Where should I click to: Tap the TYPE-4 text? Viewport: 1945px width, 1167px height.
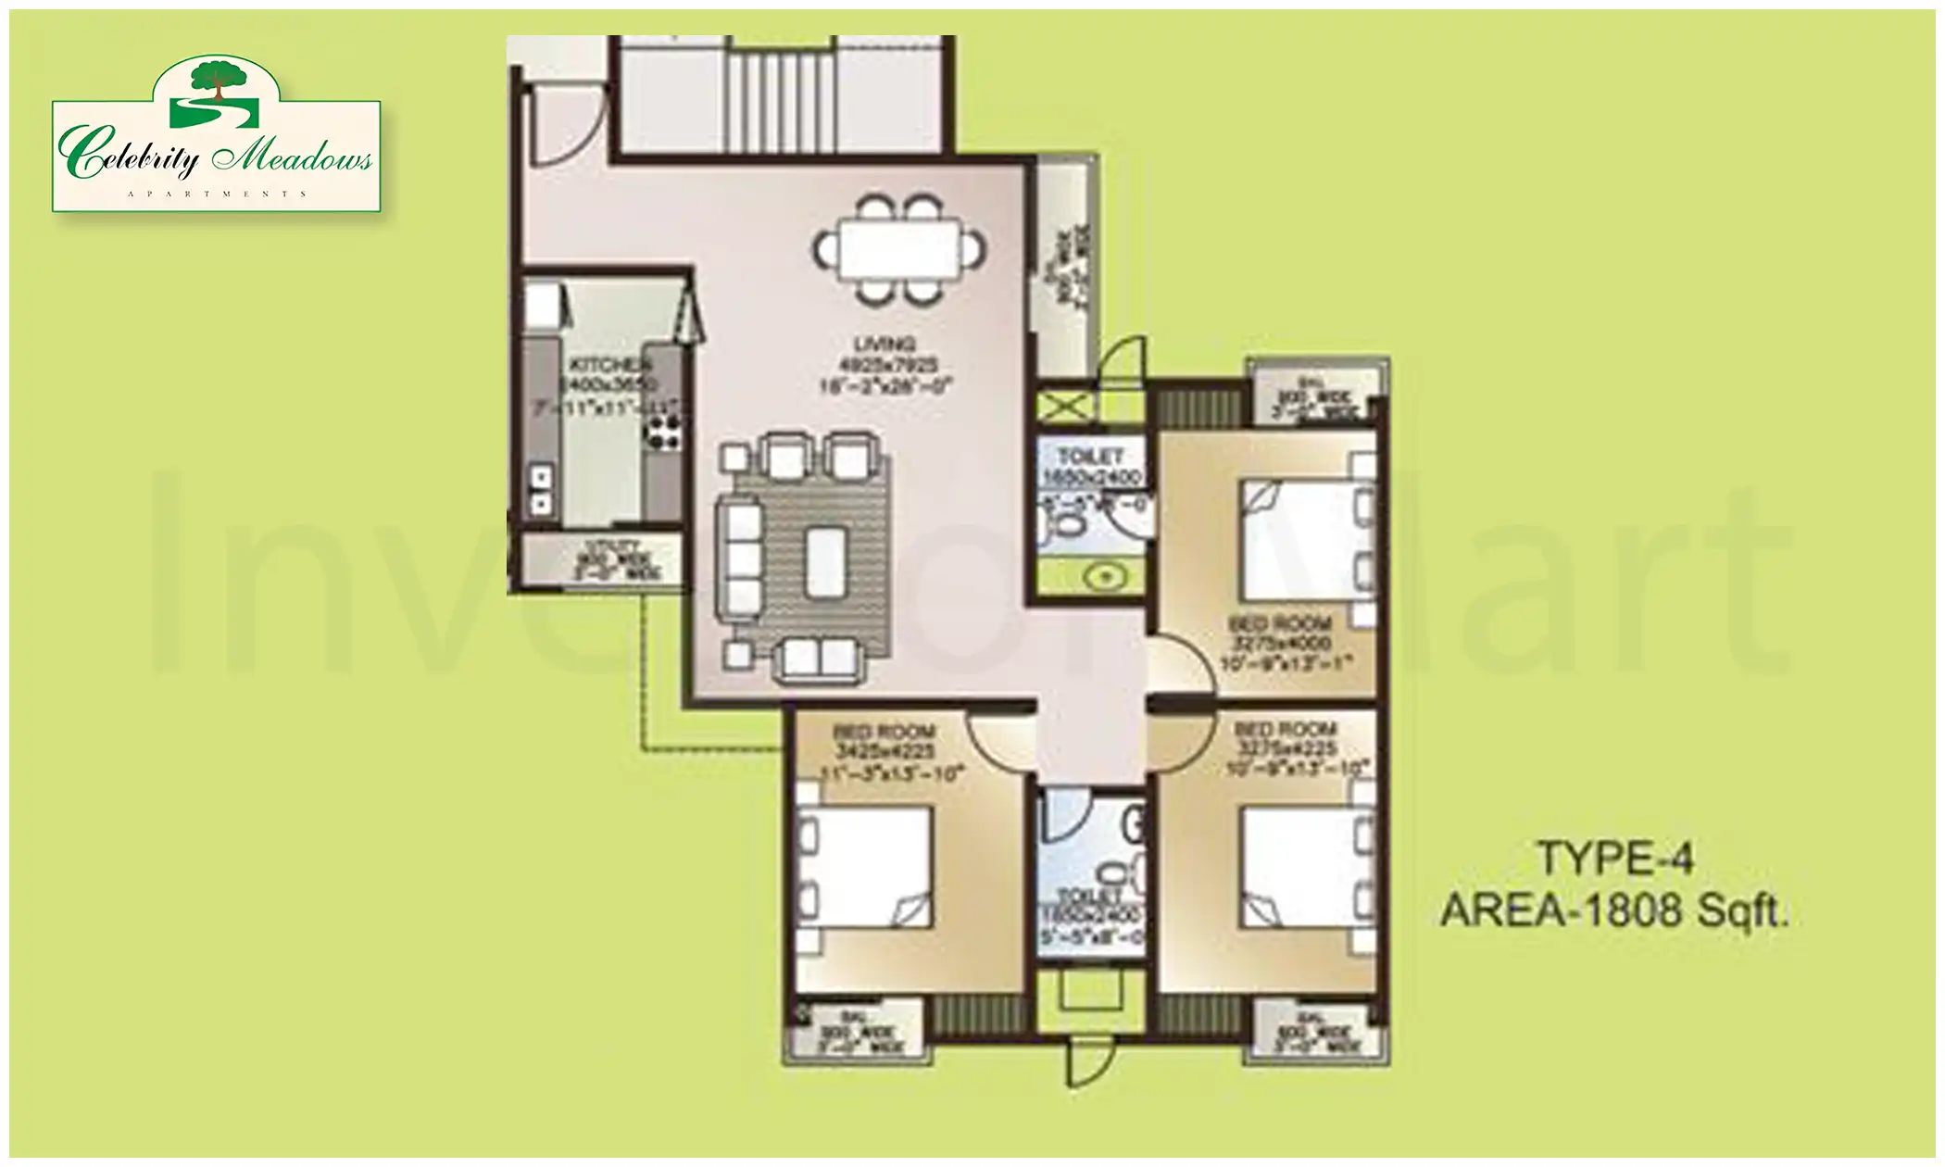point(1615,859)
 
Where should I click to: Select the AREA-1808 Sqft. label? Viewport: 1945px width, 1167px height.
point(1614,911)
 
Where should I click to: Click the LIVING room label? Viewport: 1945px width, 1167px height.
point(885,345)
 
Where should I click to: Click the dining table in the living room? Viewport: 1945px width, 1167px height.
point(897,249)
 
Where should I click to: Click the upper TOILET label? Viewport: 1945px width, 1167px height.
point(1090,457)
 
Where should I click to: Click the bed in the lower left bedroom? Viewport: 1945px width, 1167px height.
point(865,865)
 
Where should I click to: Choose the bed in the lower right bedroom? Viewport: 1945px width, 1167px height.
point(1297,867)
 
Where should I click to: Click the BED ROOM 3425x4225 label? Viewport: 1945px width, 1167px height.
point(885,741)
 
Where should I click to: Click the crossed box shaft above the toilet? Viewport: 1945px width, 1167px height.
point(1061,406)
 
